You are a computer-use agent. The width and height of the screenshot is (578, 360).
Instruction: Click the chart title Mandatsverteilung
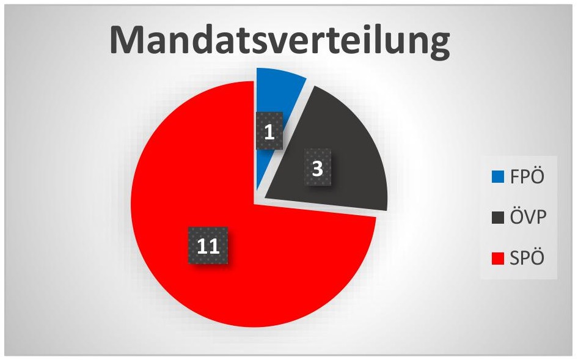point(279,40)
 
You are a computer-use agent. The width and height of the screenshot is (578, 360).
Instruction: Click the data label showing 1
point(269,131)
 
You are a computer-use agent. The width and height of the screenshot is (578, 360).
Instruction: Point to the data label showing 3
point(317,167)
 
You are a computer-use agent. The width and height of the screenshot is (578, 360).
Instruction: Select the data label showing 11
point(208,245)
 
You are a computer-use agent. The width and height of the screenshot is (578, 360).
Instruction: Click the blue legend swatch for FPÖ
point(497,177)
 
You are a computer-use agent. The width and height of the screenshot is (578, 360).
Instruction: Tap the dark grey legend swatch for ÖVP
point(497,217)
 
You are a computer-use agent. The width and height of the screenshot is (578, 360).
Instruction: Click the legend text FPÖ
point(527,176)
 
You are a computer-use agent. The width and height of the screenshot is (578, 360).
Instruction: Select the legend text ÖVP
point(528,216)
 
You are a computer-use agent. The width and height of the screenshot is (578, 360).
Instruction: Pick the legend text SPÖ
point(527,257)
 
